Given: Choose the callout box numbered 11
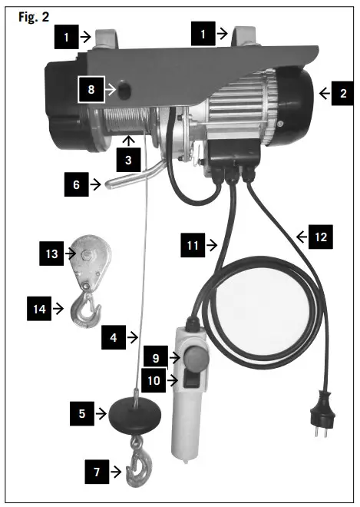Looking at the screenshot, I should pyautogui.click(x=193, y=246).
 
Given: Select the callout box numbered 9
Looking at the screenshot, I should pyautogui.click(x=154, y=357).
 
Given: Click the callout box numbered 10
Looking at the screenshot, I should pyautogui.click(x=154, y=380).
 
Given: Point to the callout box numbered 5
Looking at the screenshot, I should pyautogui.click(x=81, y=413).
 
